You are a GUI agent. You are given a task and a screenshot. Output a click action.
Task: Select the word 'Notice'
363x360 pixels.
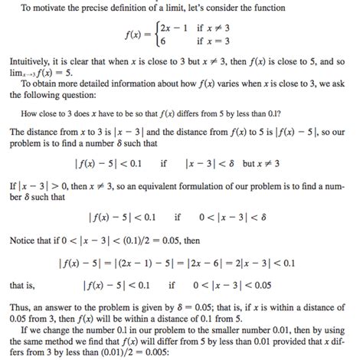coord(25,240)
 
